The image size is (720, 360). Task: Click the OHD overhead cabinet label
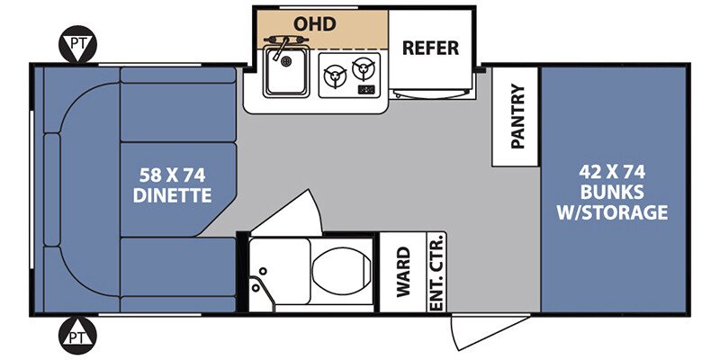click(314, 24)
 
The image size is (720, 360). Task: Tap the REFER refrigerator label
click(430, 48)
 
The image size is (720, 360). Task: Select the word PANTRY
click(517, 116)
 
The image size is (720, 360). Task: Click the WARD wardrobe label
click(403, 272)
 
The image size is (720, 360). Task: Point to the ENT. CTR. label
click(438, 273)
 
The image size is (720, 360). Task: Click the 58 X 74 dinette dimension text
click(172, 175)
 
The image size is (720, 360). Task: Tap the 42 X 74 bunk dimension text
click(612, 172)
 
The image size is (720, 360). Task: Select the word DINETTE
click(172, 195)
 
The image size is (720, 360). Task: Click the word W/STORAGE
click(612, 212)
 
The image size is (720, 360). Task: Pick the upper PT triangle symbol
click(77, 44)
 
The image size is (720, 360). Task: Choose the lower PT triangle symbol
click(77, 335)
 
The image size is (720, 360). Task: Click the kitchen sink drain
click(286, 61)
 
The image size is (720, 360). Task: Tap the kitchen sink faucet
click(283, 47)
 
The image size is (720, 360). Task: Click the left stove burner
click(335, 76)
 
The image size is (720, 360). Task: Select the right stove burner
click(364, 69)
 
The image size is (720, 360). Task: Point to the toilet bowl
click(341, 272)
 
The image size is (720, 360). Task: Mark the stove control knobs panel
click(366, 89)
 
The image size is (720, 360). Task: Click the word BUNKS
click(612, 193)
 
